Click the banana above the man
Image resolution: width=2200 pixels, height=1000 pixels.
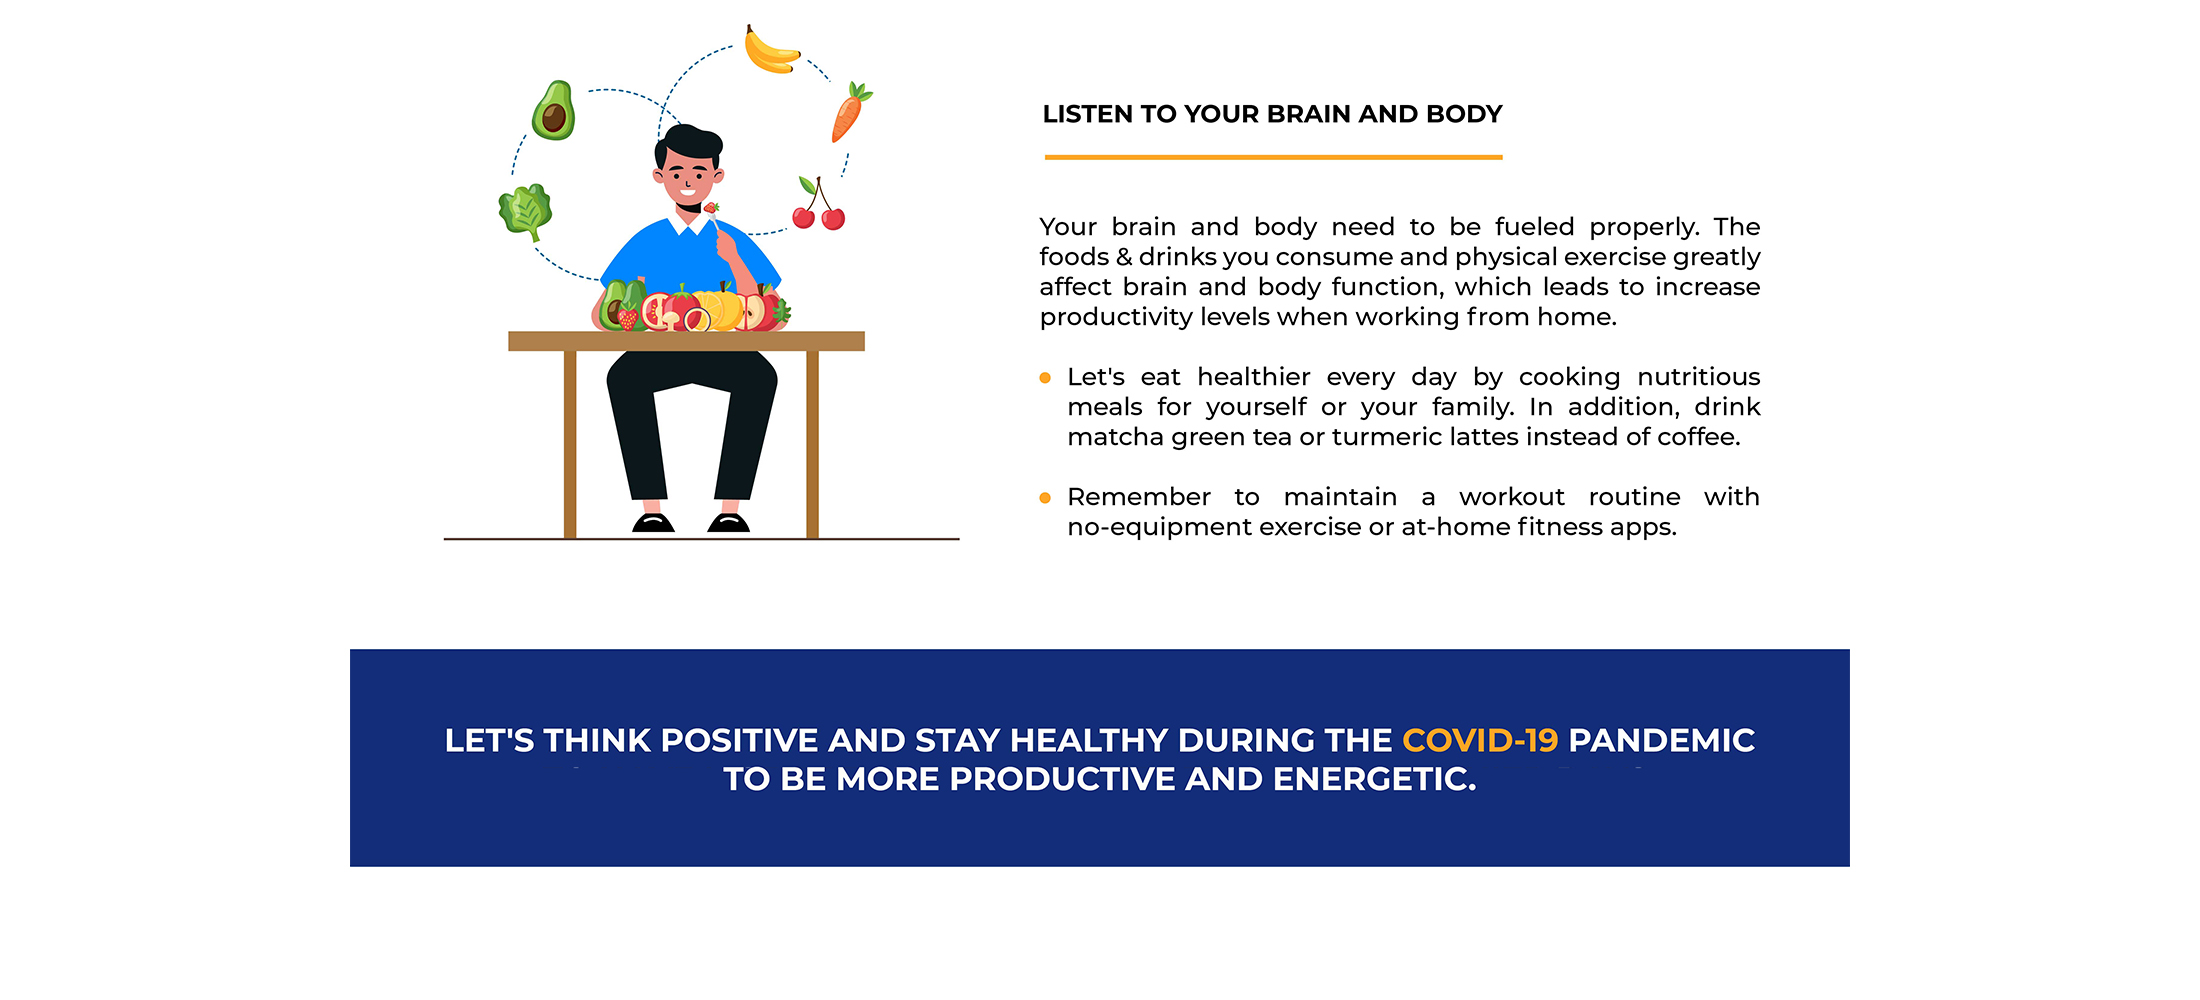tap(771, 51)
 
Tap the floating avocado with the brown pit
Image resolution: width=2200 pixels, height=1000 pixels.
tap(554, 111)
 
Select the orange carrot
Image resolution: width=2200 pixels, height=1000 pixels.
tap(850, 112)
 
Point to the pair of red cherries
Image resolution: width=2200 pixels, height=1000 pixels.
tap(819, 204)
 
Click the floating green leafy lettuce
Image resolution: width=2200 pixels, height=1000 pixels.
tap(526, 211)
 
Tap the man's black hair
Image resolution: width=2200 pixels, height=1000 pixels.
tap(688, 145)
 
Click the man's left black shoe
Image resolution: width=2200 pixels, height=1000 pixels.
tap(653, 523)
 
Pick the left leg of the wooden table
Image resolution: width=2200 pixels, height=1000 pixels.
tap(570, 444)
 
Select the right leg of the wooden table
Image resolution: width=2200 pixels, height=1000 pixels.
tap(812, 444)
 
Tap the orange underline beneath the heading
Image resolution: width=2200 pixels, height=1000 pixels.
tap(1273, 157)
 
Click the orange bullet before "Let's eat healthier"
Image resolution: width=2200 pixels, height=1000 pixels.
tap(1045, 378)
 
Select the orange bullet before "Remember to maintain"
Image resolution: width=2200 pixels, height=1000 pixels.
tap(1045, 498)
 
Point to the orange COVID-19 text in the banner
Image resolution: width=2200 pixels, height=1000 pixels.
tap(1480, 740)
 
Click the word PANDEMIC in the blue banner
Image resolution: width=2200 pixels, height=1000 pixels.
tap(1662, 740)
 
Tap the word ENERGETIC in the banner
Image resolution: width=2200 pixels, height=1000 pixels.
tap(1375, 779)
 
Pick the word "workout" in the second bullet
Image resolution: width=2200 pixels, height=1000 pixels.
tap(1512, 497)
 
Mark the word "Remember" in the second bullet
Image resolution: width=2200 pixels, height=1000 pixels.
tap(1139, 497)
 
